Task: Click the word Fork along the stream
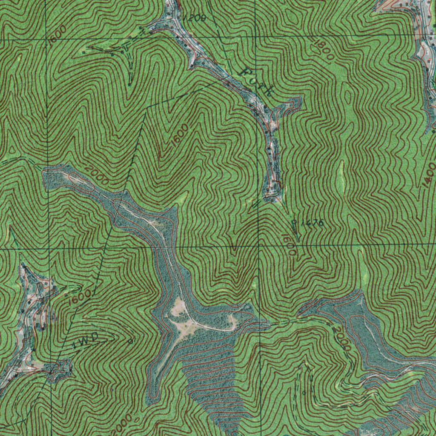pos(256,80)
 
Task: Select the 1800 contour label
pos(324,52)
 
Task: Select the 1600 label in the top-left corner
pos(57,34)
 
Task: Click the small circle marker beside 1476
pos(294,222)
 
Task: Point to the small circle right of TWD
pos(130,341)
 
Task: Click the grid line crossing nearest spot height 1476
pos(259,246)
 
